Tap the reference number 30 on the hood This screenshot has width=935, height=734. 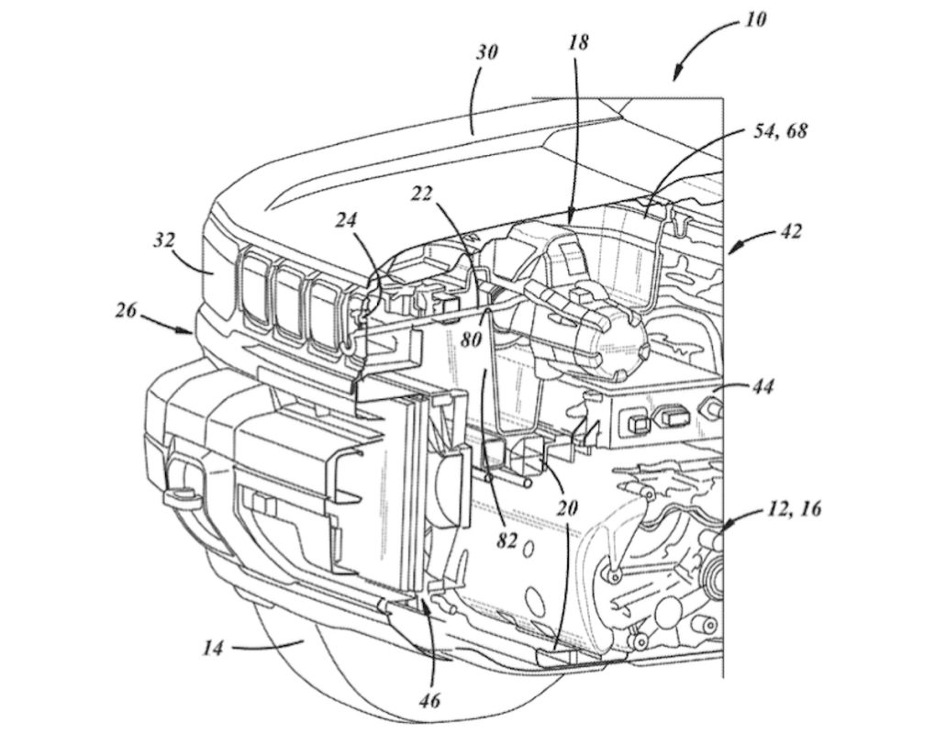(487, 52)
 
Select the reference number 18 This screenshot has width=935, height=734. (577, 42)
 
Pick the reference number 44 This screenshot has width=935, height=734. (761, 388)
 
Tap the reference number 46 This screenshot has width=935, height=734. (429, 702)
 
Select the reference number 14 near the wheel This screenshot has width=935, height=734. (213, 647)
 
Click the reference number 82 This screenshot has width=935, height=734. (506, 541)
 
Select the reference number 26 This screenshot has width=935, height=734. (127, 310)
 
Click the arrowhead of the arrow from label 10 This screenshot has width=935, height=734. (677, 79)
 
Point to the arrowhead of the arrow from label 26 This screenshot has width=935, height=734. (191, 334)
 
